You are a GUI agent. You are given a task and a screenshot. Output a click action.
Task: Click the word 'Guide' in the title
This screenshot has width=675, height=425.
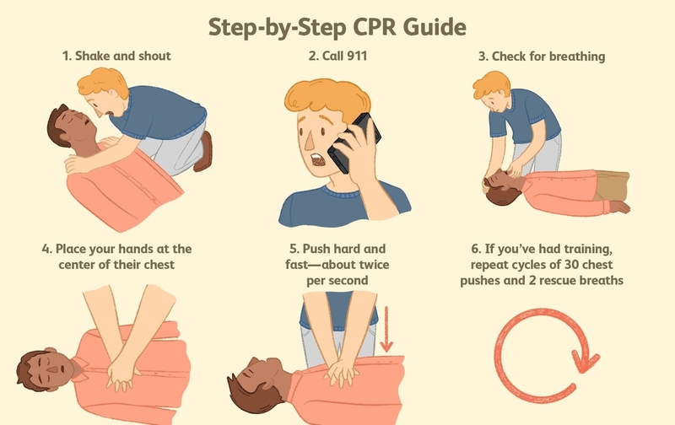point(431,28)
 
